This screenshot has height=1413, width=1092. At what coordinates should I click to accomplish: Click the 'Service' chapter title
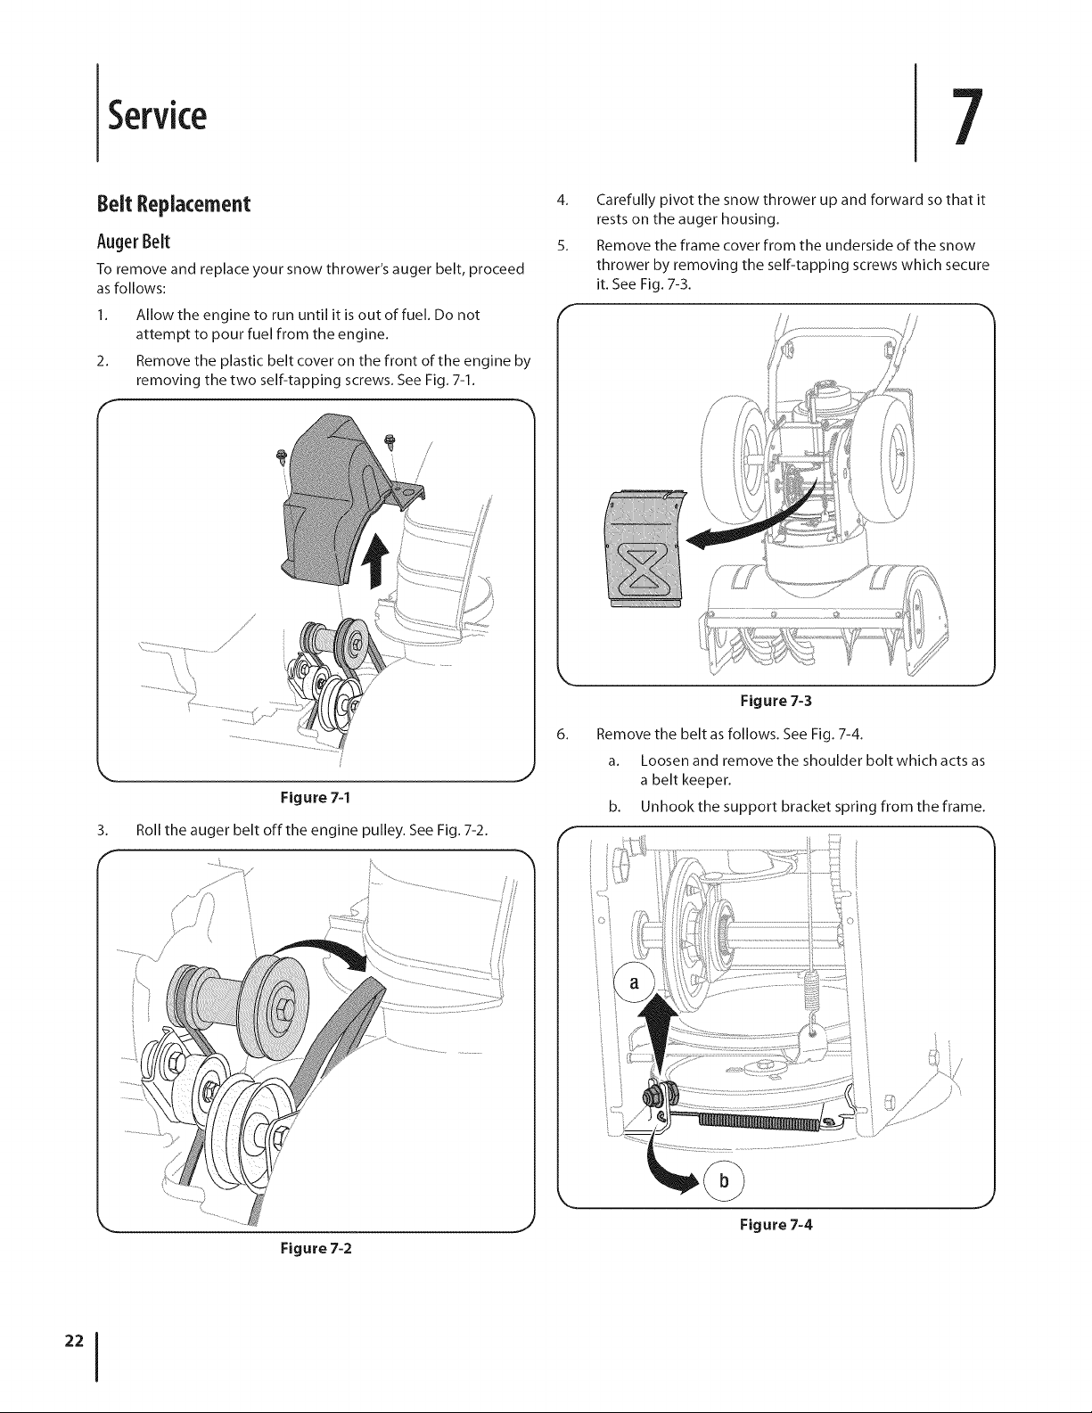157,115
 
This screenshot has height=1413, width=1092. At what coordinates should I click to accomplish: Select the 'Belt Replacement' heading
174,204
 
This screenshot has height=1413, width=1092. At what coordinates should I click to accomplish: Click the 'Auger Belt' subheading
133,242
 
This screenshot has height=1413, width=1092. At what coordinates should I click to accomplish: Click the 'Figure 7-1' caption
316,797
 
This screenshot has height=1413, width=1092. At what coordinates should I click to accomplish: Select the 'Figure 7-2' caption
316,1248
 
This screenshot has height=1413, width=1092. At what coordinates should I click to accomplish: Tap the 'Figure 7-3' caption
776,701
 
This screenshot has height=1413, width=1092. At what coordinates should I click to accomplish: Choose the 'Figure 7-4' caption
776,1224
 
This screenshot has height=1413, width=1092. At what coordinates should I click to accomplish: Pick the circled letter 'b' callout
724,1179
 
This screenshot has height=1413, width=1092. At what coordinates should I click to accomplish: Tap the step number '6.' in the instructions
562,735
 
